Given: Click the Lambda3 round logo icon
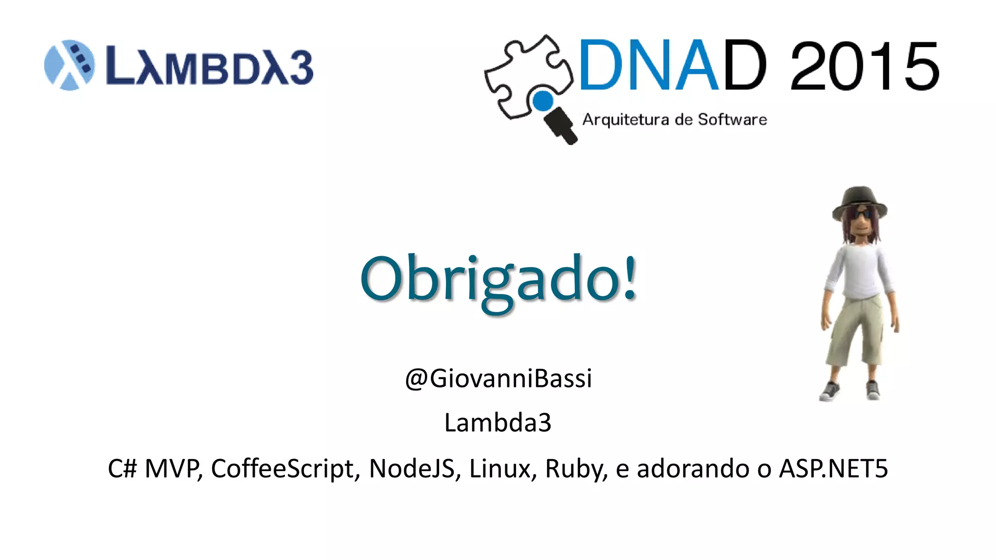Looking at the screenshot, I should point(69,65).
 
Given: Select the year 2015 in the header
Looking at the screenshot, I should point(865,66).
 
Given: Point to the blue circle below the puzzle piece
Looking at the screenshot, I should point(543,101).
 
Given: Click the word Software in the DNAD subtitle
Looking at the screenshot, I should point(732,120).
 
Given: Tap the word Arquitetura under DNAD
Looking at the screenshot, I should point(626,120).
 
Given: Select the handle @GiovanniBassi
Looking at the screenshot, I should point(498,378).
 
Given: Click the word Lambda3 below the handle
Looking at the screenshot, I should point(498,422).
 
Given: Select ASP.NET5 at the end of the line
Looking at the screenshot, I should point(833,469).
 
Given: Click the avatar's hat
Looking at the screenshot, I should point(859,200).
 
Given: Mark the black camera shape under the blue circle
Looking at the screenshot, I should point(561,125).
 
